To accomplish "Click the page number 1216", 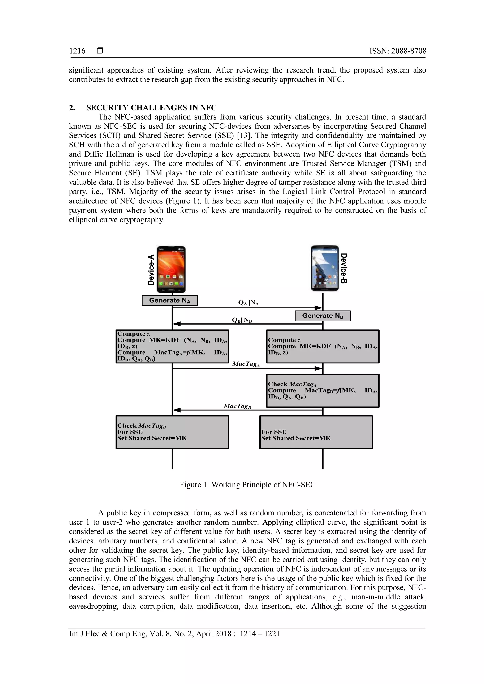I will [x=77, y=51].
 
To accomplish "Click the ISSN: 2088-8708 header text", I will [x=398, y=51].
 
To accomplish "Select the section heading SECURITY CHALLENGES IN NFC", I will [x=151, y=107].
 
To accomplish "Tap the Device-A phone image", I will [x=171, y=269].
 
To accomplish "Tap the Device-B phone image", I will [x=325, y=268].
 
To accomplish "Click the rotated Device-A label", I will [x=151, y=269].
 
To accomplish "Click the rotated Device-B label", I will [x=344, y=268].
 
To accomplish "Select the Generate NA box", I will [x=170, y=300].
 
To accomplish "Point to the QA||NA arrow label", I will [x=248, y=303].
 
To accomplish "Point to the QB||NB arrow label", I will [x=242, y=320].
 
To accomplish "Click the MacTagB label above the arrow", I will [x=238, y=406].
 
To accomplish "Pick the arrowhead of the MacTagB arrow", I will [x=177, y=410].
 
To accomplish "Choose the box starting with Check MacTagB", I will [x=172, y=432].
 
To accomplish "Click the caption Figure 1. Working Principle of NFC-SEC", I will [x=247, y=485].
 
